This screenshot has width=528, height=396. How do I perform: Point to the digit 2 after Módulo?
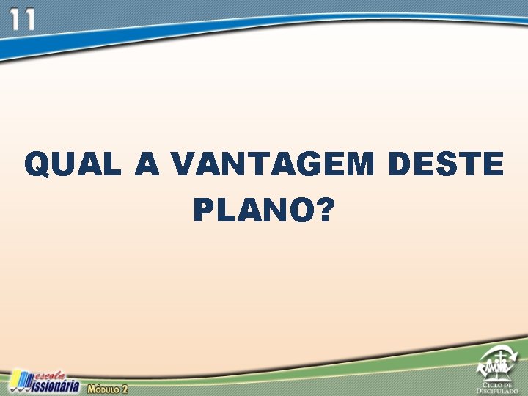point(125,388)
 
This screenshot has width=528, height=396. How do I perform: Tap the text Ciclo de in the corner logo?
point(500,384)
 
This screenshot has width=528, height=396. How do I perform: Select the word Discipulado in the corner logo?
point(500,391)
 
